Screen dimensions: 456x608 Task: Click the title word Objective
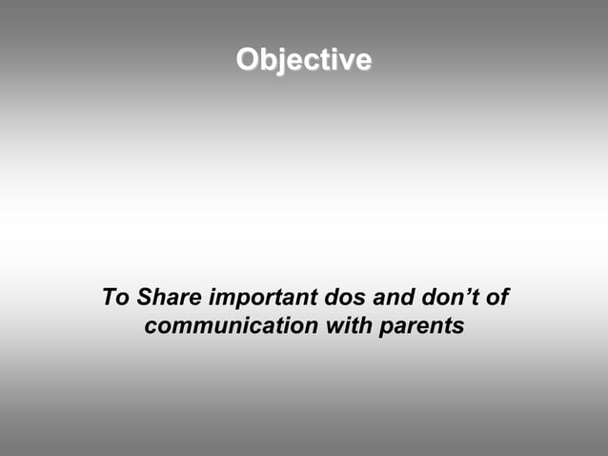click(304, 60)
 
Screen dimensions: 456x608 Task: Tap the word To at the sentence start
click(115, 299)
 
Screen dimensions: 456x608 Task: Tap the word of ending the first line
click(496, 299)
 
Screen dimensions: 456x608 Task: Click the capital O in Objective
click(248, 60)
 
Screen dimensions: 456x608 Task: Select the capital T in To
click(109, 299)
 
